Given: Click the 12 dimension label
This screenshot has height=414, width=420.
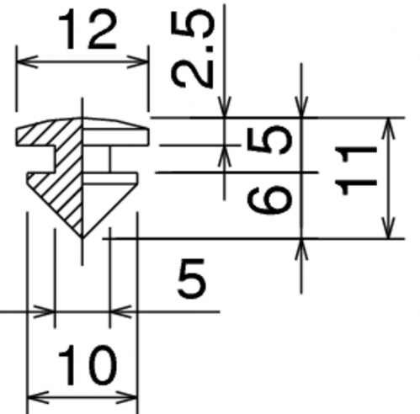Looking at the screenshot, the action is (x=88, y=29).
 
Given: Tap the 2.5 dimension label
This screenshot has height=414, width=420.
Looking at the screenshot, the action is (x=193, y=50).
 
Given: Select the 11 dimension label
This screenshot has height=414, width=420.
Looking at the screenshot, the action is (x=355, y=171).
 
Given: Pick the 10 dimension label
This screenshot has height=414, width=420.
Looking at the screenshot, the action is (x=88, y=365).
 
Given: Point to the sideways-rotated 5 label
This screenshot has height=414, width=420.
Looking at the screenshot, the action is (x=270, y=140).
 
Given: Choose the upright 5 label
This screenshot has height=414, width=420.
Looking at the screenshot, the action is (x=192, y=279).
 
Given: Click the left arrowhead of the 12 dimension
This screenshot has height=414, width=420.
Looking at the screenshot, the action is (x=27, y=61).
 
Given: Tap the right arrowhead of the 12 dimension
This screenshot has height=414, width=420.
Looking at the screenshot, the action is (x=138, y=61).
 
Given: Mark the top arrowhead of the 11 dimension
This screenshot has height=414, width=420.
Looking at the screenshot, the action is (x=389, y=129).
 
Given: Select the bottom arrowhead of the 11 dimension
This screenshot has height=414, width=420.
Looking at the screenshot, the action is (x=389, y=228).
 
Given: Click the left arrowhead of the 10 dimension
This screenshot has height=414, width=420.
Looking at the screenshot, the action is (x=38, y=398).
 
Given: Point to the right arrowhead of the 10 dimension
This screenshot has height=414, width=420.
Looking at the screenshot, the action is (x=127, y=398).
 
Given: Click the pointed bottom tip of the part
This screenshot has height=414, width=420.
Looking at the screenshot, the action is (x=82, y=238).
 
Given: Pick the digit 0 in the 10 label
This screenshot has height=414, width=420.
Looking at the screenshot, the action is (x=102, y=365).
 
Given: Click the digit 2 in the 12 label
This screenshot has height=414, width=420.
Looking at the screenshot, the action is (x=102, y=29).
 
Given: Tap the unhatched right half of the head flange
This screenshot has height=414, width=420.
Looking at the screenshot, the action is (x=115, y=132).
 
